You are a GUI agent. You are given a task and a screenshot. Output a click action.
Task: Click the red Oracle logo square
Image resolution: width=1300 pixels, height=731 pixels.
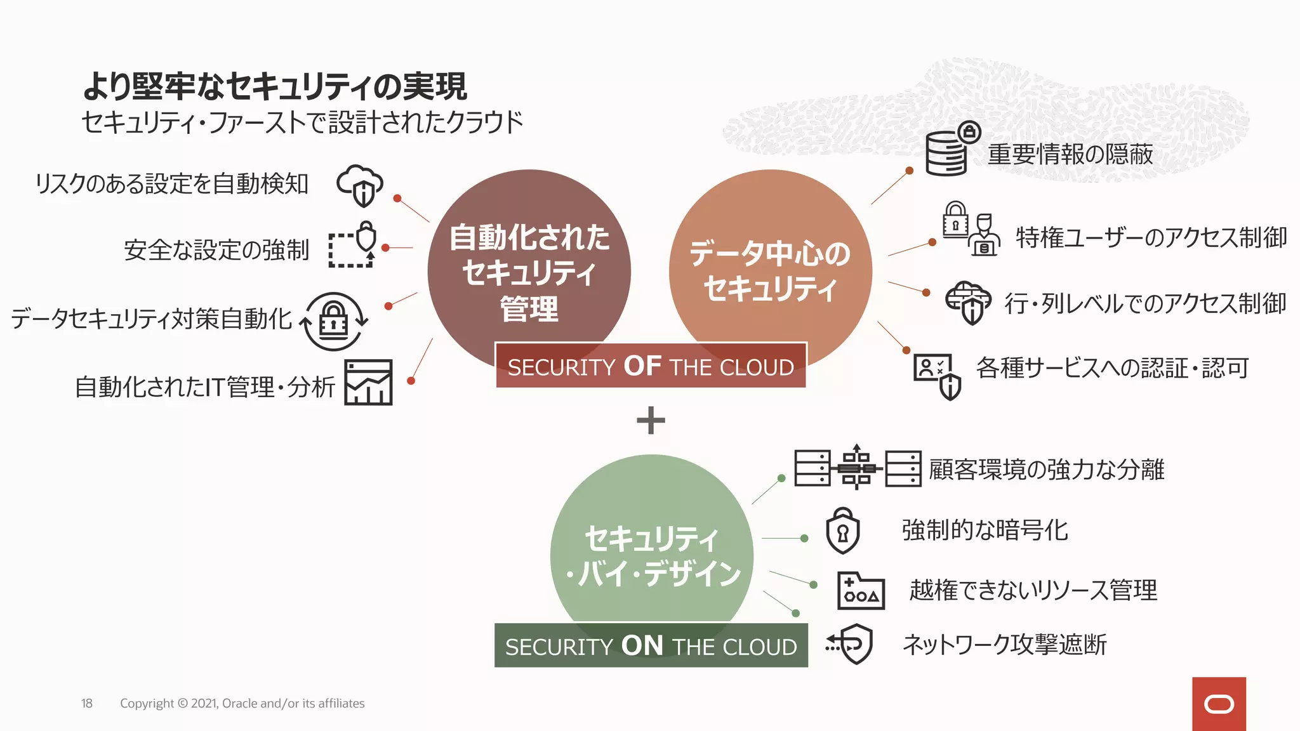click(x=1218, y=704)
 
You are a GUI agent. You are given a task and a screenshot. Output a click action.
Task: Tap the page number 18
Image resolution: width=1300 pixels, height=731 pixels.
click(x=87, y=703)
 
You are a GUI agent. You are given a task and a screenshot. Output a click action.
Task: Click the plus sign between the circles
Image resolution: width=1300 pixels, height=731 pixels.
click(x=651, y=420)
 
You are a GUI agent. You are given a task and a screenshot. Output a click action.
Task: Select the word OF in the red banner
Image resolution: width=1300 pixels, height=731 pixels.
click(x=642, y=366)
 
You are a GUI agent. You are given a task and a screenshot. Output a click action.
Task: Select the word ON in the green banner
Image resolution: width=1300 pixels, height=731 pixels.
click(x=642, y=645)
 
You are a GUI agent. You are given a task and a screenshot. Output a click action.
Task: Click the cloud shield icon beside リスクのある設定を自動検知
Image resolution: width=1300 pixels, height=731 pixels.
click(x=360, y=185)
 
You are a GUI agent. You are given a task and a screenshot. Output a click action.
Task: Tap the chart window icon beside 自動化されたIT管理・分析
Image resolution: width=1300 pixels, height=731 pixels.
click(x=368, y=382)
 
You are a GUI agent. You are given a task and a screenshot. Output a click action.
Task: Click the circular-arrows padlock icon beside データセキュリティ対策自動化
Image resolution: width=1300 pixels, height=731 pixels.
click(x=334, y=321)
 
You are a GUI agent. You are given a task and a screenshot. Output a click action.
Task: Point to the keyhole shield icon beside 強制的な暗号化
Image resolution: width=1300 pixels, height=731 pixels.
click(x=842, y=530)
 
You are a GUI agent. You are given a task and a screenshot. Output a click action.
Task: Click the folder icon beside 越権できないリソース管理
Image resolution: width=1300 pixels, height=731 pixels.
click(x=861, y=591)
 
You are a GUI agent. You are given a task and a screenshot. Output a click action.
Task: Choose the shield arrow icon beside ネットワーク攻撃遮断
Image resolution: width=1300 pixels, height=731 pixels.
click(x=850, y=644)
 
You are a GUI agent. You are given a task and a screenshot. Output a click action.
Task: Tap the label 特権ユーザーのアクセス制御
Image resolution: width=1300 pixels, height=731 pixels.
click(x=1151, y=237)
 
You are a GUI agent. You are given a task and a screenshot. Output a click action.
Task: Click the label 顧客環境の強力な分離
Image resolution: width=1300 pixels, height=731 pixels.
click(x=1046, y=470)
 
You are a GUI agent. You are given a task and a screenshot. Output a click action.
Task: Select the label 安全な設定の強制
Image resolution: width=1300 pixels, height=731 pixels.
click(x=216, y=250)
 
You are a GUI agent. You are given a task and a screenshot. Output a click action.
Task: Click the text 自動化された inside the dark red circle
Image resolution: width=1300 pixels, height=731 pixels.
click(x=529, y=237)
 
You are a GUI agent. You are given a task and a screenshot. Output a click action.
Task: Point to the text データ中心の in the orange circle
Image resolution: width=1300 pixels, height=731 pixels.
click(x=770, y=253)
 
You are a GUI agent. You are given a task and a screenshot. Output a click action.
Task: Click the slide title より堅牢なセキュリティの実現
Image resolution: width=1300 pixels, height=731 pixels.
click(x=275, y=86)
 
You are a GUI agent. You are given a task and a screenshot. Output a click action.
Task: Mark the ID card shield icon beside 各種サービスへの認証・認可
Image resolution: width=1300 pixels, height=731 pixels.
click(x=937, y=375)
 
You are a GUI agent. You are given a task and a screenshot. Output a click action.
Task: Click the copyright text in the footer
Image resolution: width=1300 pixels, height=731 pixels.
click(x=242, y=703)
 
